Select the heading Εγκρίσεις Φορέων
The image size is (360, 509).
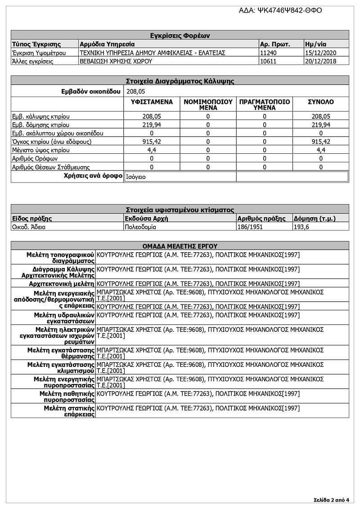(x=180, y=36)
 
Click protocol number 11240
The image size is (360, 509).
(x=269, y=53)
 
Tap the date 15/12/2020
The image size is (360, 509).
(x=320, y=53)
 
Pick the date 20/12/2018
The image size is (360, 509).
(x=320, y=61)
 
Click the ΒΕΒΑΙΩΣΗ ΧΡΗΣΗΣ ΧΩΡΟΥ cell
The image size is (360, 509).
(x=116, y=61)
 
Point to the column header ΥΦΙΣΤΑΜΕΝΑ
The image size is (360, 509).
(x=152, y=102)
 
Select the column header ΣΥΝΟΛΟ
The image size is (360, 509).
(x=320, y=102)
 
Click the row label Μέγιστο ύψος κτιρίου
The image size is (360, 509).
(x=41, y=150)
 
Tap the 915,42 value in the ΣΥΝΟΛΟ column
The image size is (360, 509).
(x=320, y=142)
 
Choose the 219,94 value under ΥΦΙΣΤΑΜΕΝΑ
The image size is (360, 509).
(x=152, y=125)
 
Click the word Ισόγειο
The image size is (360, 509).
(x=136, y=177)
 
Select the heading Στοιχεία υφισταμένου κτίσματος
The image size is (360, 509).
(x=180, y=210)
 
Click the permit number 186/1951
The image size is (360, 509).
(x=251, y=227)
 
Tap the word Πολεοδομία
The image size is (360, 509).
(x=140, y=227)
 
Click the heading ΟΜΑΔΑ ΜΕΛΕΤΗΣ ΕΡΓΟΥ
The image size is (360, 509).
(x=180, y=246)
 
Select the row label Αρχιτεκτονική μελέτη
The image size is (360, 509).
(x=62, y=284)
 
